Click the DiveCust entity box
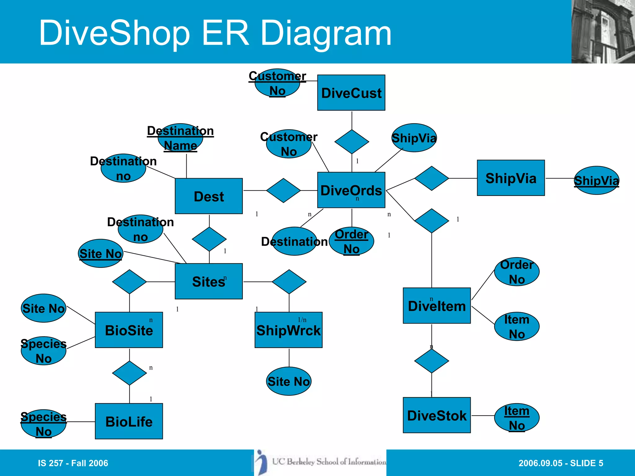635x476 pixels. (x=351, y=93)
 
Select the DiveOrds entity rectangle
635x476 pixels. (x=351, y=190)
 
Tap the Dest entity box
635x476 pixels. (x=209, y=196)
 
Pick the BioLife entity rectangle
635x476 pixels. (x=129, y=421)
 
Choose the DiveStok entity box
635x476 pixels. (x=437, y=415)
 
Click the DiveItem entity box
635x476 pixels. (x=437, y=306)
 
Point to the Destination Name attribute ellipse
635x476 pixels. (x=180, y=138)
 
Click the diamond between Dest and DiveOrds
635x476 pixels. (x=283, y=190)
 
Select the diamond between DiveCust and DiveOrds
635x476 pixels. (x=352, y=142)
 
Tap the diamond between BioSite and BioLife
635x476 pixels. (x=129, y=373)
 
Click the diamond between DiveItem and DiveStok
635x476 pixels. (x=431, y=361)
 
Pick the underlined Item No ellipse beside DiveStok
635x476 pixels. (x=517, y=418)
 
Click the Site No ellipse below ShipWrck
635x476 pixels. (x=288, y=381)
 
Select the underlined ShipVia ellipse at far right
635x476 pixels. (x=596, y=180)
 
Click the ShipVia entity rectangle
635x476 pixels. (x=511, y=178)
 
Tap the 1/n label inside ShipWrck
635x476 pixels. (x=302, y=320)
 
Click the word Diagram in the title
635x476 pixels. (x=326, y=33)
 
